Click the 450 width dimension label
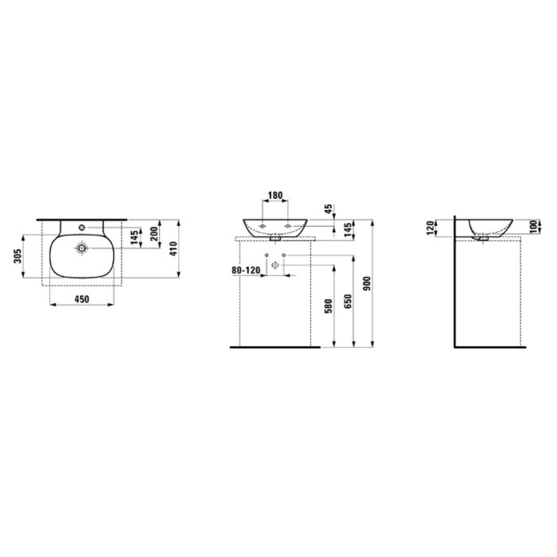[x=82, y=299]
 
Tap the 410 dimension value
[x=174, y=249]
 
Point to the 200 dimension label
[x=154, y=234]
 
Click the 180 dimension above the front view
[x=275, y=195]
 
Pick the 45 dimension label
[x=329, y=209]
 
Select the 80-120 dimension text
[x=246, y=270]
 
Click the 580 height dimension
[x=329, y=306]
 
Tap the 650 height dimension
[x=348, y=302]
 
